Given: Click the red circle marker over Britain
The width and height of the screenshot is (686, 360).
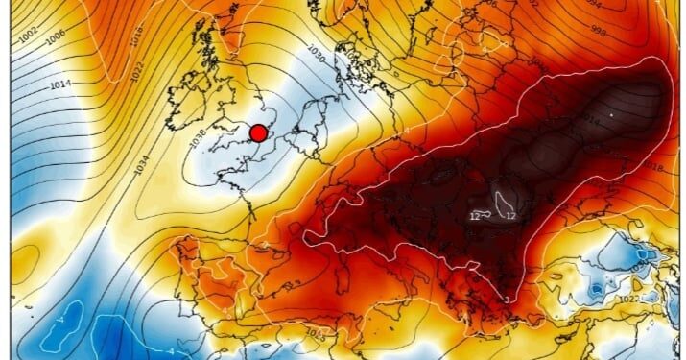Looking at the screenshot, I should point(258,133).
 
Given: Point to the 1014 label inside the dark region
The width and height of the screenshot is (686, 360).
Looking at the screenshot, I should point(589,120).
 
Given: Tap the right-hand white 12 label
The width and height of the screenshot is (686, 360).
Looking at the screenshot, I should point(511,217).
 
